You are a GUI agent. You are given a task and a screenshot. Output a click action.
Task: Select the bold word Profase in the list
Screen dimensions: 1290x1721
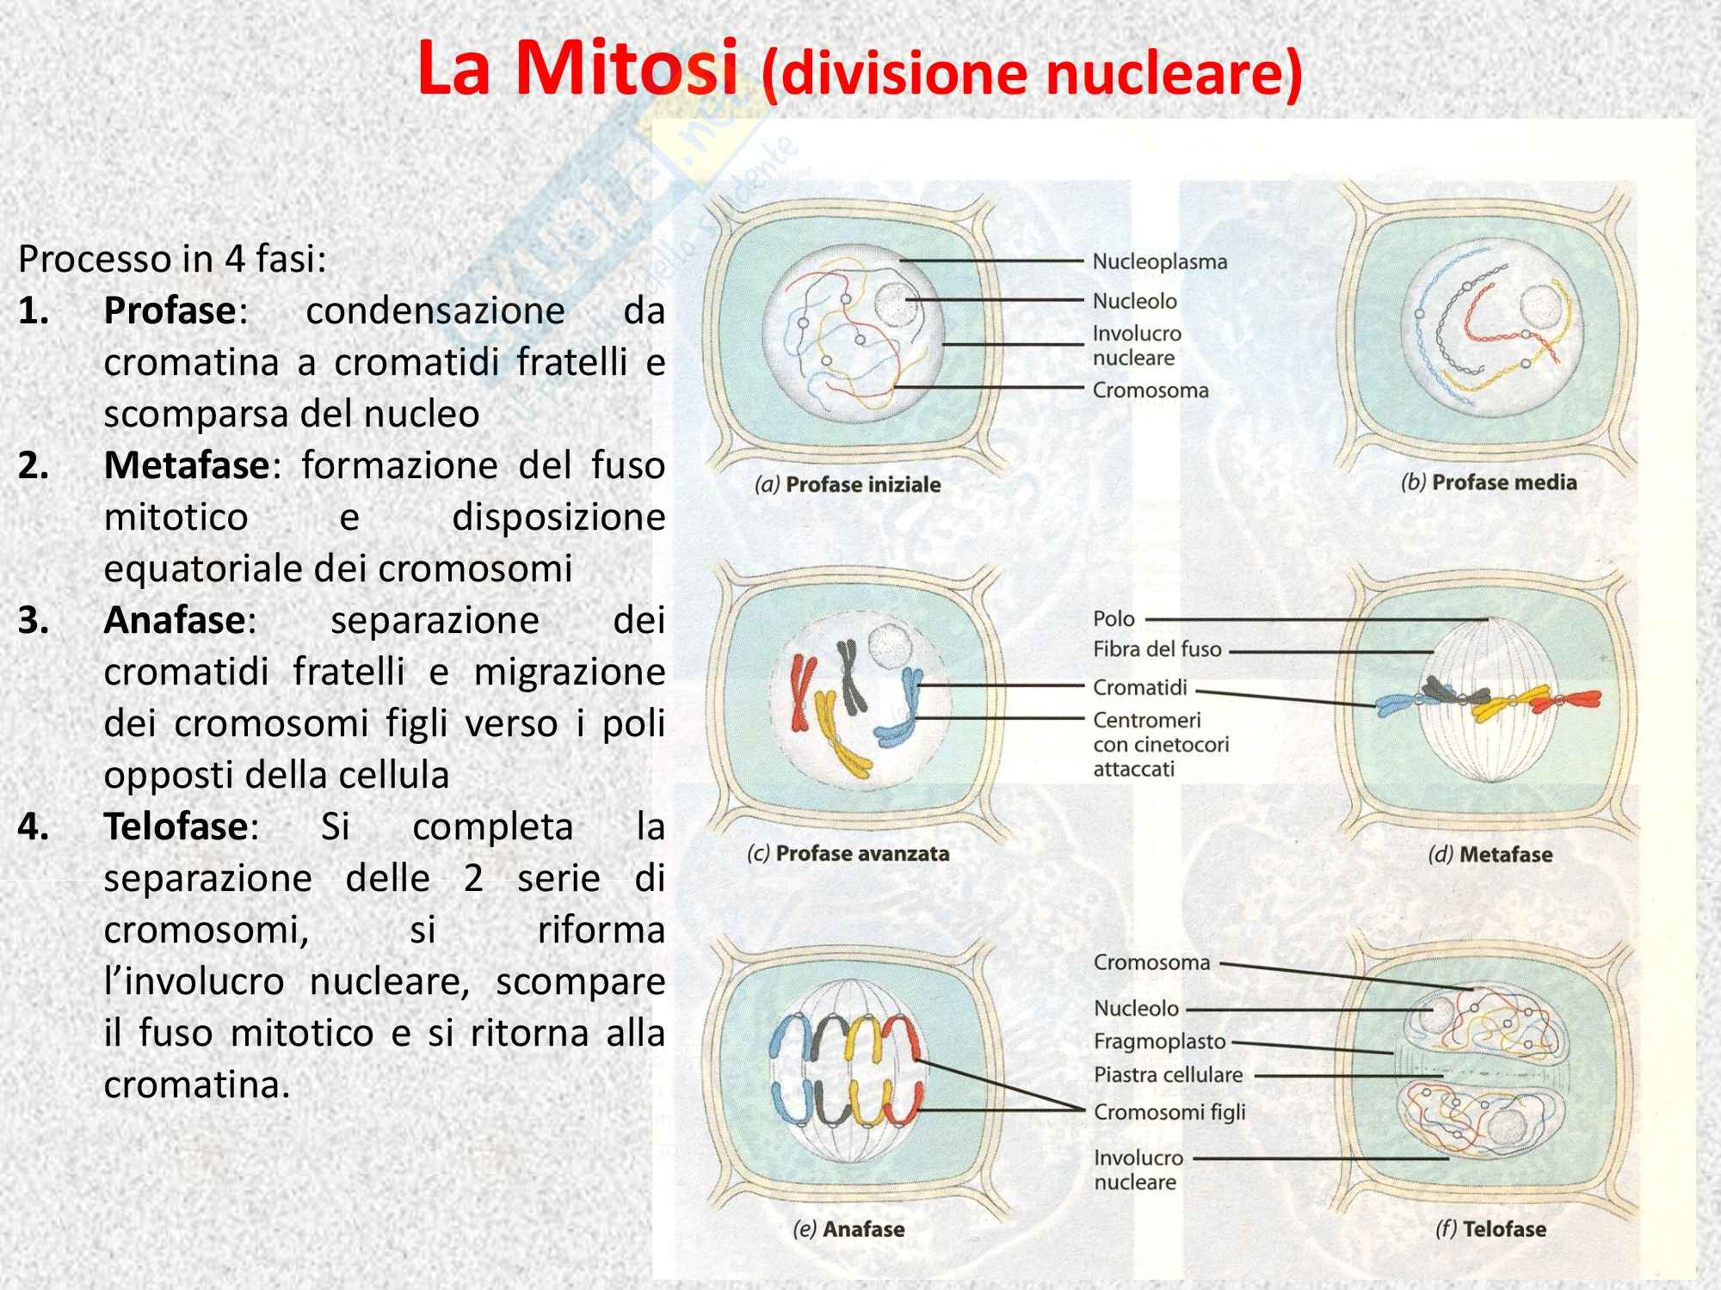click(x=170, y=310)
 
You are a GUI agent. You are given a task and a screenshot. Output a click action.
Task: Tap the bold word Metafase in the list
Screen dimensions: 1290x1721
click(x=187, y=465)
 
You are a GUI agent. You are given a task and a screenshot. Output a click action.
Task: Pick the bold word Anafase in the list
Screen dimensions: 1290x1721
click(x=176, y=620)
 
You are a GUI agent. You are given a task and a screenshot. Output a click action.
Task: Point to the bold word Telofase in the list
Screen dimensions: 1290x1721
click(x=176, y=826)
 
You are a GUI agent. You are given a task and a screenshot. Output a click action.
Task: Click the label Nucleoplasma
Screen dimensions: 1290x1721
click(x=1159, y=261)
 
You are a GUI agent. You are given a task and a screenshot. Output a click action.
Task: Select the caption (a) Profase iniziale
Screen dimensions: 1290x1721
click(x=847, y=484)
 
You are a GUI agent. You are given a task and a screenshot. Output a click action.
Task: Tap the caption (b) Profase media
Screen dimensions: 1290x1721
click(x=1489, y=482)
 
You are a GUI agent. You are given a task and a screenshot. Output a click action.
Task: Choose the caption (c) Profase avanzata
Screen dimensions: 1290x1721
click(x=848, y=854)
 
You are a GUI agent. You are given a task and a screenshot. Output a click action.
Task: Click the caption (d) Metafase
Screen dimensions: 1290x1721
click(x=1490, y=855)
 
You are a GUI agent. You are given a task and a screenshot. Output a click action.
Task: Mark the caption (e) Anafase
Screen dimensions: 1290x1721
click(x=848, y=1229)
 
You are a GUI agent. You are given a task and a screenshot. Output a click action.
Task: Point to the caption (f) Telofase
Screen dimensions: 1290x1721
click(x=1490, y=1229)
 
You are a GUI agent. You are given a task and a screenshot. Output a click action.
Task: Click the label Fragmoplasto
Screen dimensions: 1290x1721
click(x=1159, y=1041)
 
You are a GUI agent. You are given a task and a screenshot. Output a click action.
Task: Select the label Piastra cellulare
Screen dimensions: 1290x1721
click(x=1168, y=1075)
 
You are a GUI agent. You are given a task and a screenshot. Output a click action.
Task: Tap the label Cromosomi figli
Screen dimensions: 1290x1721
click(x=1169, y=1112)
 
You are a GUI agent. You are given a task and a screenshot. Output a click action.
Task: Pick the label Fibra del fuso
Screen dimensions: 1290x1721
click(x=1157, y=649)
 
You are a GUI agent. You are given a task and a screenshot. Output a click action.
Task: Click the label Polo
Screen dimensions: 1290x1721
click(x=1113, y=618)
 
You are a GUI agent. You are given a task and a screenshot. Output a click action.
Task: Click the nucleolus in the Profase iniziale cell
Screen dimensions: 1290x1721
click(x=896, y=305)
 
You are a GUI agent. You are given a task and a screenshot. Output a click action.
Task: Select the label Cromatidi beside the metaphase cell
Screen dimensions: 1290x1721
click(x=1139, y=687)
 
